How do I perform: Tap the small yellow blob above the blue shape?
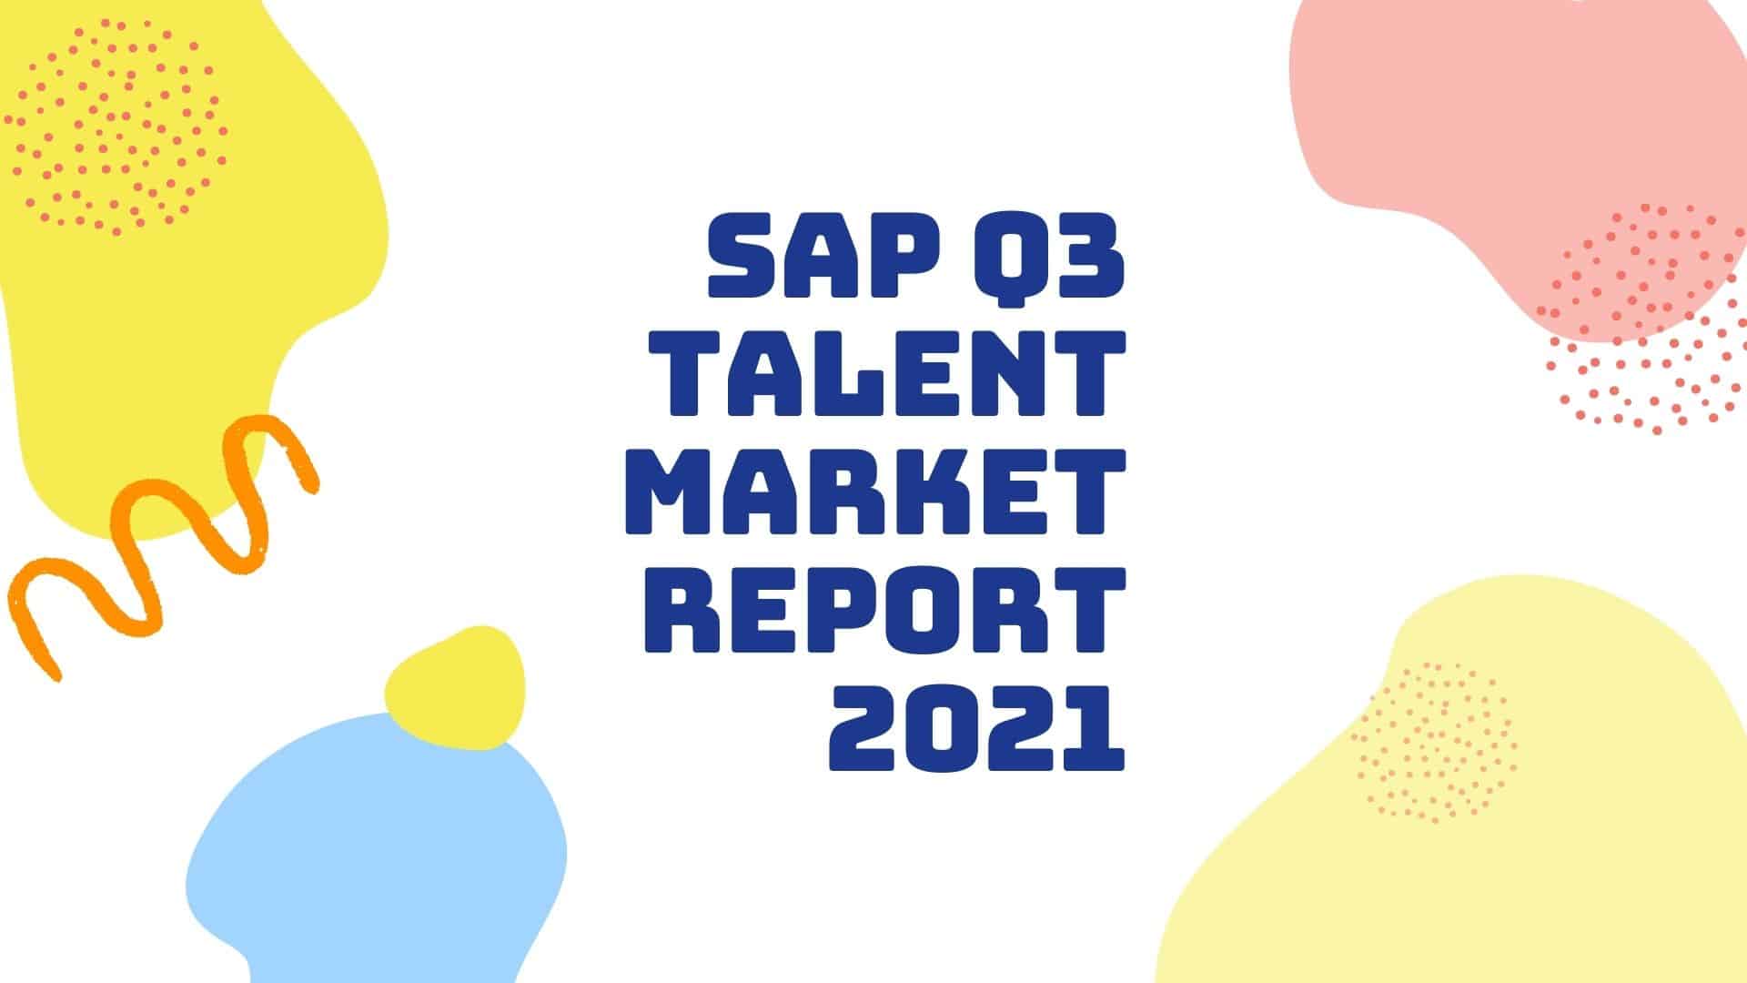455,687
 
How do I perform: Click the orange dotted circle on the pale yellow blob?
1433,742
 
